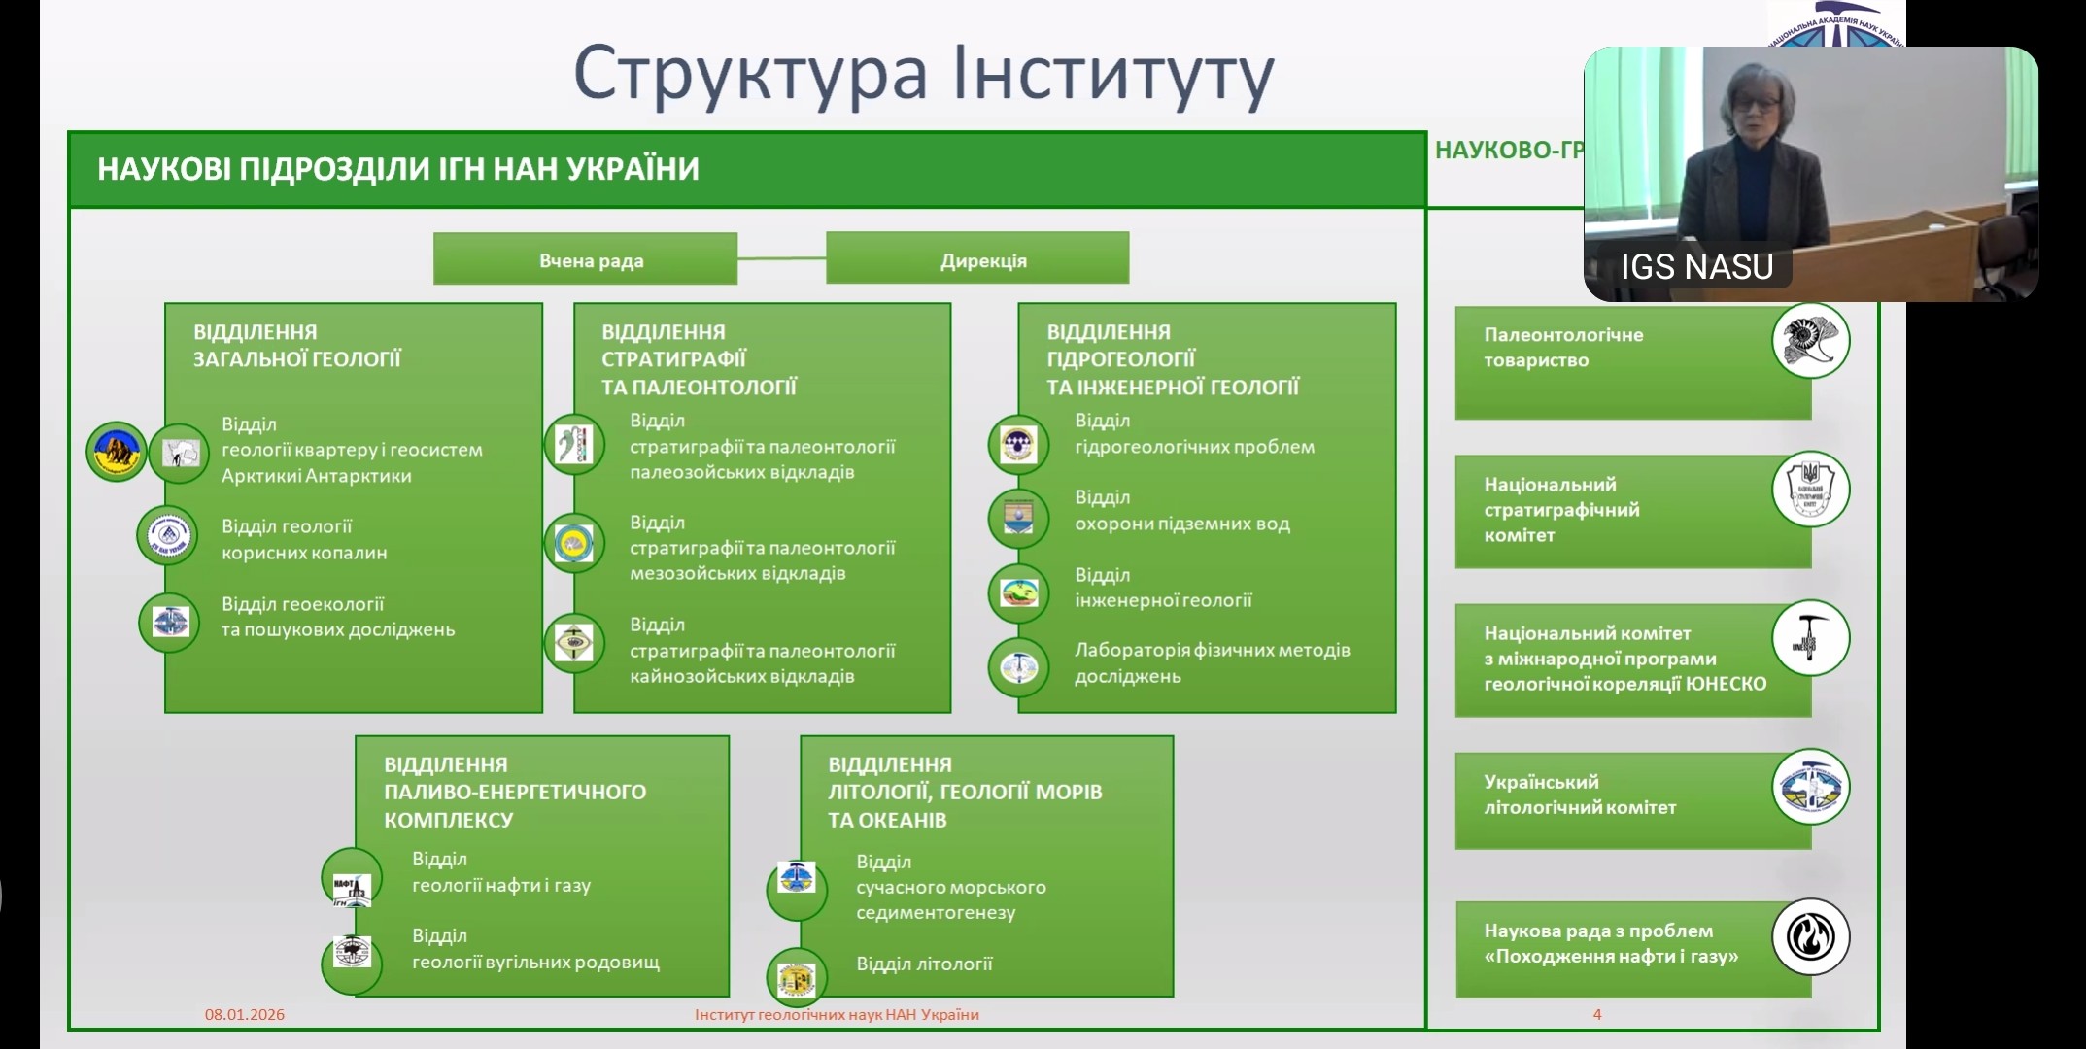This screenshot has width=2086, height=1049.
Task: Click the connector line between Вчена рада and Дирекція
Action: click(781, 258)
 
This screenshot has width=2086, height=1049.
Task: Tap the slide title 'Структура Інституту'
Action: click(923, 73)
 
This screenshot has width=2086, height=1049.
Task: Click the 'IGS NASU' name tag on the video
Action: click(1696, 266)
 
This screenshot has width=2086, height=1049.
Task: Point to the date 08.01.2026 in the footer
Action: click(245, 1014)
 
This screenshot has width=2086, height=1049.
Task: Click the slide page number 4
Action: click(1597, 1014)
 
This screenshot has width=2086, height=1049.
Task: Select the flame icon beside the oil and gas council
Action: click(1810, 936)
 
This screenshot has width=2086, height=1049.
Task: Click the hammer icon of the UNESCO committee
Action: click(1810, 637)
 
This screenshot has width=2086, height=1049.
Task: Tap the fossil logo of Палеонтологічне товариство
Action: click(1810, 341)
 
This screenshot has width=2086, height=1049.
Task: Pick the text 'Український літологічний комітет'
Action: click(1580, 795)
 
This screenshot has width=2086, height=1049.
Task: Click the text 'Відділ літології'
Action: click(924, 964)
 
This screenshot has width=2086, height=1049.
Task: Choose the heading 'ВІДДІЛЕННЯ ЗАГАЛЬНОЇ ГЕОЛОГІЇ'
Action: click(296, 345)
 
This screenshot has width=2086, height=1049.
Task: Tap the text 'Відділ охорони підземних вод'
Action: click(1181, 511)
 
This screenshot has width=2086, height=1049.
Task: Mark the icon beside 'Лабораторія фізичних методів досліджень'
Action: click(1018, 667)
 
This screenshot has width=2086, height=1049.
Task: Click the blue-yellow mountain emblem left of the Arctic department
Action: click(117, 452)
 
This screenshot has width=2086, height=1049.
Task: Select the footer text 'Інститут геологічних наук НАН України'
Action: click(837, 1014)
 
